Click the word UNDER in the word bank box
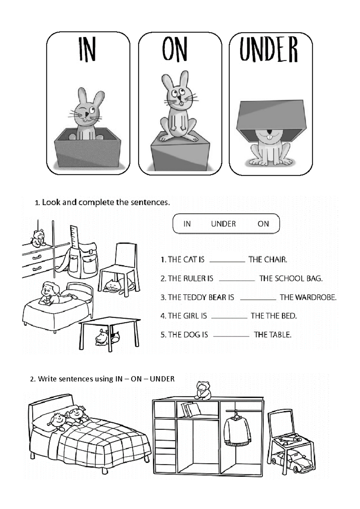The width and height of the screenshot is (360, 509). (x=223, y=224)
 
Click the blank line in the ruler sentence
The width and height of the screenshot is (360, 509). (x=237, y=280)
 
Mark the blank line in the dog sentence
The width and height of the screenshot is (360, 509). (x=231, y=336)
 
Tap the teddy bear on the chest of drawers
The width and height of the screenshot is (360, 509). (x=38, y=238)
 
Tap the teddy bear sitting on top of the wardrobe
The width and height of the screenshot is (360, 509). (x=203, y=390)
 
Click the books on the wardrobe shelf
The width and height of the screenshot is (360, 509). (x=190, y=409)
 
